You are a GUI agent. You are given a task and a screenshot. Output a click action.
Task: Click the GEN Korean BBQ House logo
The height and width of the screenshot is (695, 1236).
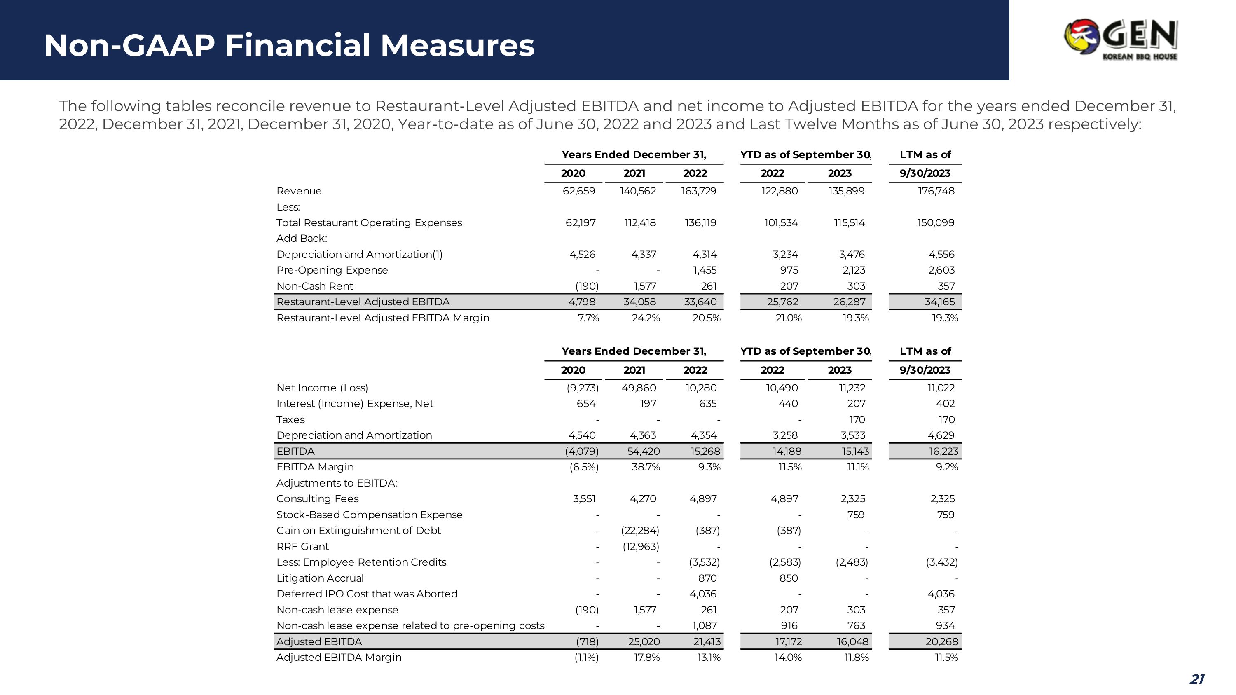click(1120, 39)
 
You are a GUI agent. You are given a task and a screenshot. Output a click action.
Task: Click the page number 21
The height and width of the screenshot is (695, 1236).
click(1197, 679)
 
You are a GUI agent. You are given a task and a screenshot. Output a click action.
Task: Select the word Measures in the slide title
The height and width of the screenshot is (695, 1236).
click(457, 46)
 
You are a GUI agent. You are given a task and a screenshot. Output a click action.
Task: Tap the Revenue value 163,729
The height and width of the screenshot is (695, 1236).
click(699, 191)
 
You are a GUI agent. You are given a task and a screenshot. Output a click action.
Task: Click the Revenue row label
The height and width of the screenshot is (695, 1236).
click(299, 191)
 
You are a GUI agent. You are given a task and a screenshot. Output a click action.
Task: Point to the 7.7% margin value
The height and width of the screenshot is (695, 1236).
click(588, 318)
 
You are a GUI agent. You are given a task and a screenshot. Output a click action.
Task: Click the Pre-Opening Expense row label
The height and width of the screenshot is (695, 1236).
click(332, 270)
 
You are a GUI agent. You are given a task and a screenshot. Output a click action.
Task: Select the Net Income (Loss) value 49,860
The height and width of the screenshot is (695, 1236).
click(639, 388)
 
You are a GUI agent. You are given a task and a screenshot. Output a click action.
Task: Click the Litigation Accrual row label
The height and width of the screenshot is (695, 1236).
click(320, 578)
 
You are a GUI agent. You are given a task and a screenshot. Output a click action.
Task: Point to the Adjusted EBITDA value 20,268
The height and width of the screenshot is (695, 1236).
click(941, 641)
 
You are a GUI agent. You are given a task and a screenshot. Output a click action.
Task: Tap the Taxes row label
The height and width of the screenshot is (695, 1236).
click(290, 419)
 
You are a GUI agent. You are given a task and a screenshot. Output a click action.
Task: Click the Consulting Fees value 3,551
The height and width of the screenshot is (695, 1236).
click(584, 498)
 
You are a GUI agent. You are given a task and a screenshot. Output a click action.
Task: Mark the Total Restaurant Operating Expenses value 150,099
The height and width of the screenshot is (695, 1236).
click(936, 222)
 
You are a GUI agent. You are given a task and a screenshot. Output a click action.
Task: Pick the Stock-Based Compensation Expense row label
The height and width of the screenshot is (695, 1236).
click(370, 515)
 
